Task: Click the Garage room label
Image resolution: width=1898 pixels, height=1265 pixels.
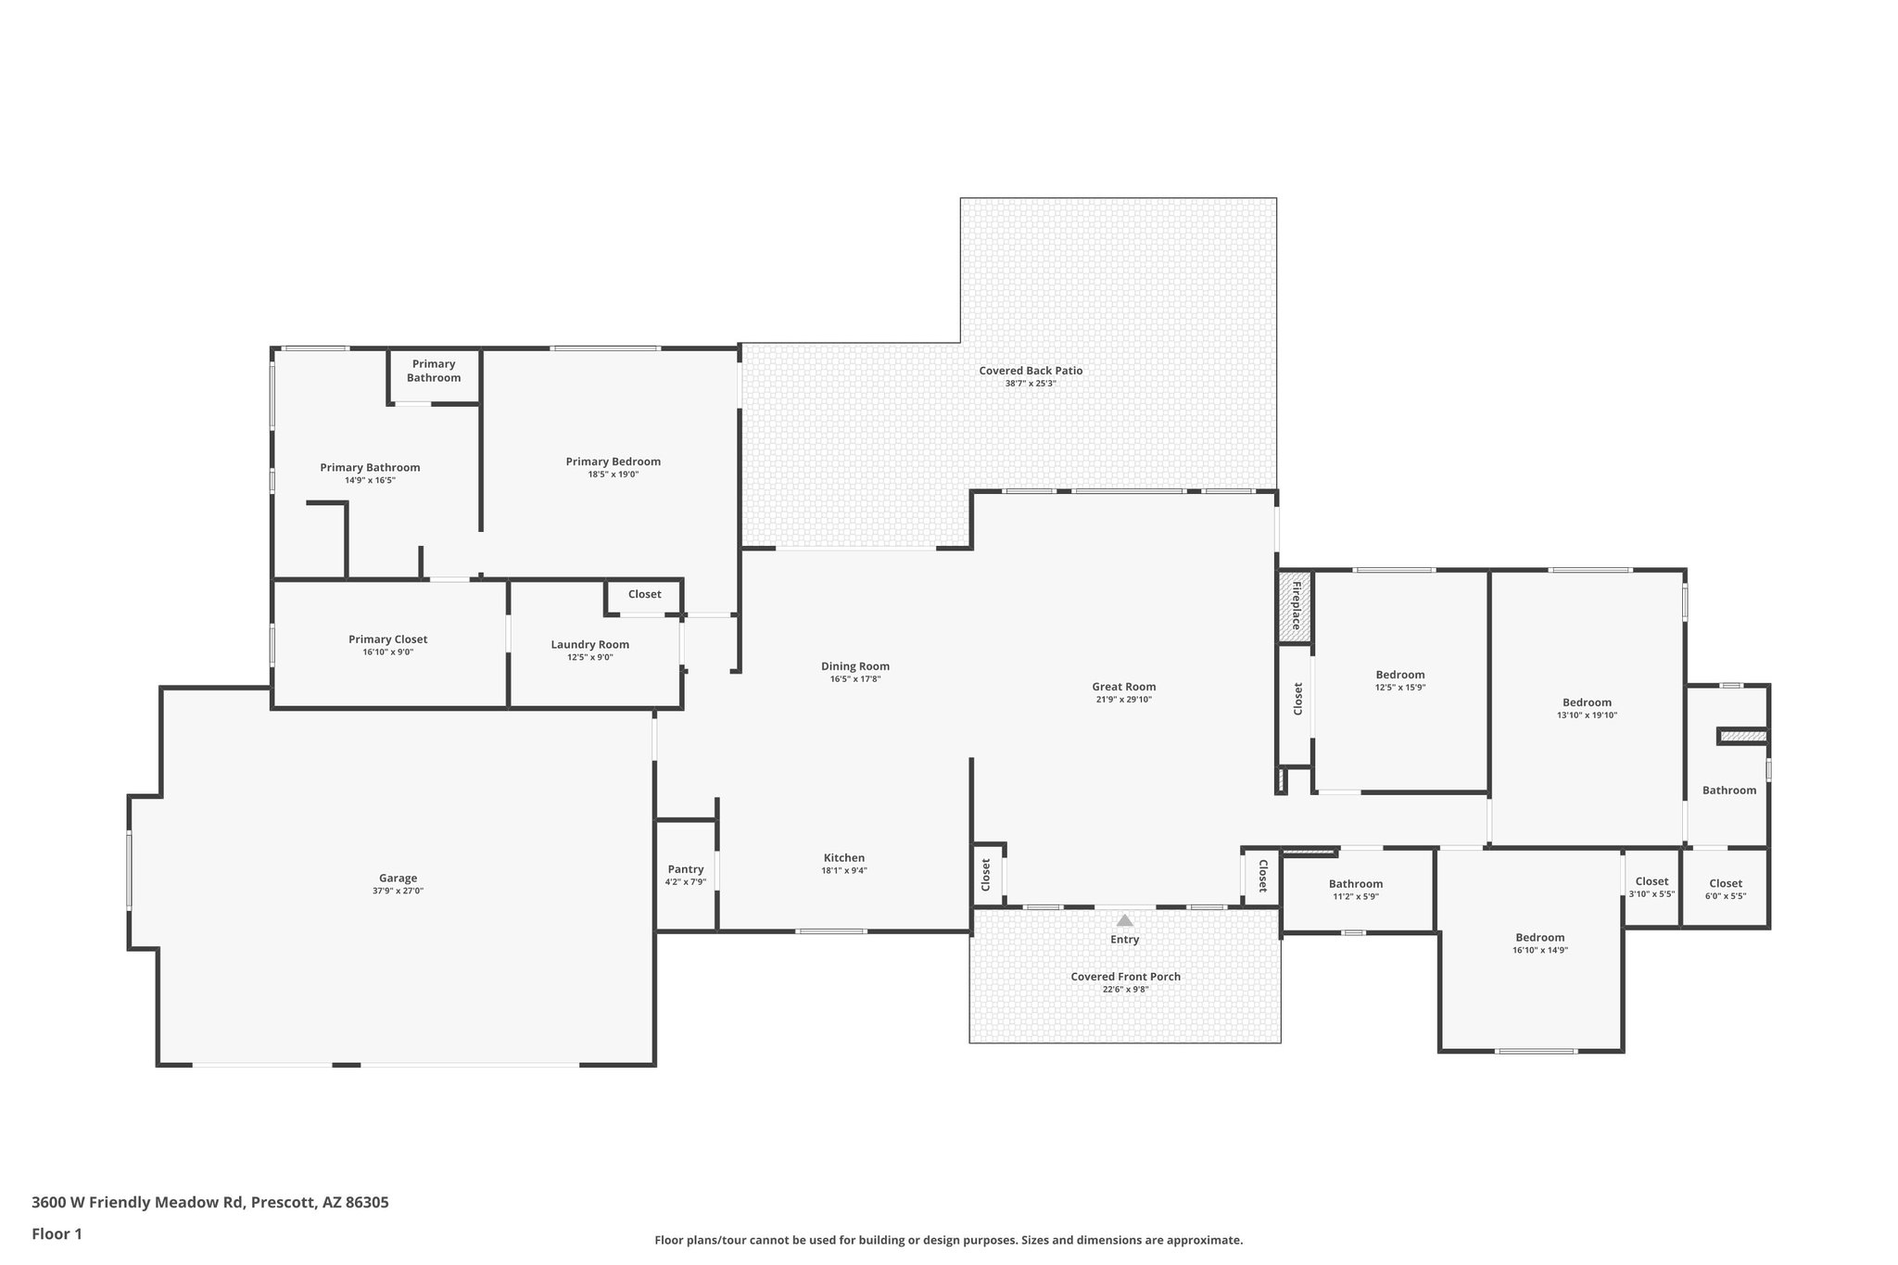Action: pos(398,878)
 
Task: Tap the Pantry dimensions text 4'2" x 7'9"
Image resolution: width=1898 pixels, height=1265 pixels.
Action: pos(685,882)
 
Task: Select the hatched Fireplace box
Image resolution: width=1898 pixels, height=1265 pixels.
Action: pos(1295,606)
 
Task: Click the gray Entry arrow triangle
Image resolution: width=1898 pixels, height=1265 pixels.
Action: pos(1124,920)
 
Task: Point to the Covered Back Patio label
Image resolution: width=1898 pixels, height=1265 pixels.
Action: pos(1031,371)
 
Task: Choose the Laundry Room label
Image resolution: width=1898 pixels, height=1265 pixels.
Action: pos(589,644)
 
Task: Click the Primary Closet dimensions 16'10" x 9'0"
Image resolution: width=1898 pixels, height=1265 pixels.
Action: pos(387,652)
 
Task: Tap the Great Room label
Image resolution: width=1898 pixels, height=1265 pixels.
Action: pos(1123,687)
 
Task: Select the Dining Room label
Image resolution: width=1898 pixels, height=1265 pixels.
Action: pos(854,666)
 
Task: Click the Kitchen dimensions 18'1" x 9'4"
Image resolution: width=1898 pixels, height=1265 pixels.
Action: pos(843,871)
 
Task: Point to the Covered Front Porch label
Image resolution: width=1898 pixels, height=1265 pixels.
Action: pos(1125,977)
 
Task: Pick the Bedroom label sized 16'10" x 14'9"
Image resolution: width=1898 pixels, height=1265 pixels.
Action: pos(1539,937)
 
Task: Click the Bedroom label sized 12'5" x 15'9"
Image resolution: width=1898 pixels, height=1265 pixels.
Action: pos(1399,675)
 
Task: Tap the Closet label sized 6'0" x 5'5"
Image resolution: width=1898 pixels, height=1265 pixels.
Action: pos(1725,883)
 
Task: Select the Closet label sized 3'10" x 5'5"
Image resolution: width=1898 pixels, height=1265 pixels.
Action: pos(1651,881)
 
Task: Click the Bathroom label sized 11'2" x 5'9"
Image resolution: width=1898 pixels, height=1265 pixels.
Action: pos(1355,884)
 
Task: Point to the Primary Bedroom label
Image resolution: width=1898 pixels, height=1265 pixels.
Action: pos(613,462)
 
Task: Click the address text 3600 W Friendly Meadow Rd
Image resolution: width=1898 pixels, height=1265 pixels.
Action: pos(138,1203)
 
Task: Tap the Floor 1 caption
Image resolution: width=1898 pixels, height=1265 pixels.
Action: pos(57,1234)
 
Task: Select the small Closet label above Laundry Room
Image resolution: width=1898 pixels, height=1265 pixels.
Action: pos(644,594)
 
